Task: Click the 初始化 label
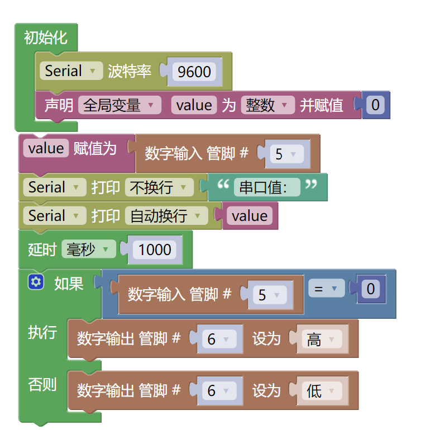coord(46,37)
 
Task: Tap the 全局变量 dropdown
coord(119,105)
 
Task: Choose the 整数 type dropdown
coord(267,105)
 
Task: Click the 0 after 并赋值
coord(375,105)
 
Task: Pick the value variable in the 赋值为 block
coord(46,148)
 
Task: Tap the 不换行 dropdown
coord(159,187)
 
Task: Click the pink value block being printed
coord(249,216)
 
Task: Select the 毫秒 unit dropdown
coord(88,249)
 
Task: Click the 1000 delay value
coord(155,249)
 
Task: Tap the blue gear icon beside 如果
coord(36,283)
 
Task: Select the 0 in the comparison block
coord(370,289)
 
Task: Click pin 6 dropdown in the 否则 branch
coord(218,390)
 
